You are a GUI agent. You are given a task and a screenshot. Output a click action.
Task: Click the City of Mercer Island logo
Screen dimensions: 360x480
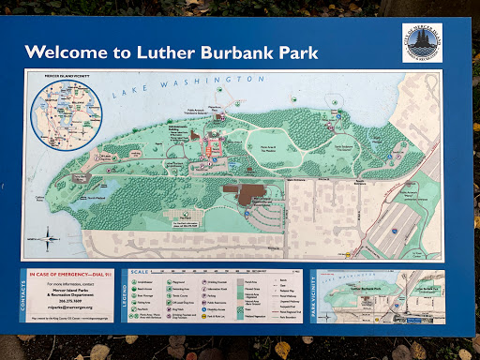pos(422,42)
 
